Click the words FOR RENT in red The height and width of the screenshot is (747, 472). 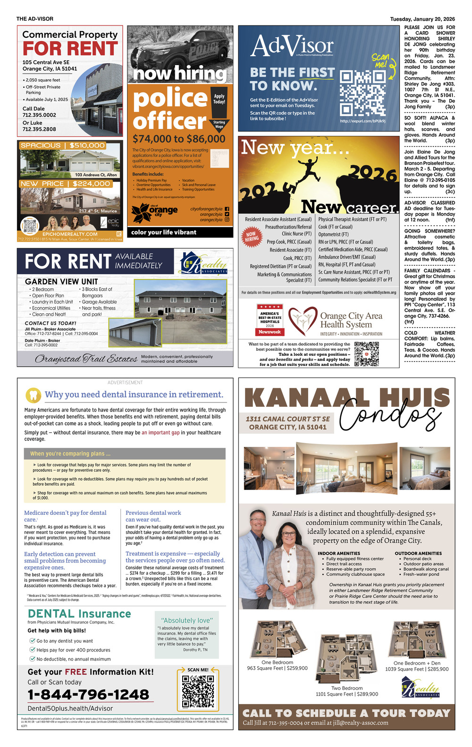[70, 49]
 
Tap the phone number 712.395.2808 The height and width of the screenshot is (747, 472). [39, 129]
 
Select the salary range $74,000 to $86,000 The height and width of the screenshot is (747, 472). [179, 139]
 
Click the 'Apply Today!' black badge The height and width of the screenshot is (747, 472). [219, 99]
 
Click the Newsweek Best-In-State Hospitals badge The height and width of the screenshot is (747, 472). [270, 319]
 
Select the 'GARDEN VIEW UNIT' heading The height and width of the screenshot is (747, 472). [61, 281]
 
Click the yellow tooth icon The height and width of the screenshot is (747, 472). [34, 394]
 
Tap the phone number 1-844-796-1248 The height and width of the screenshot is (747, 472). [88, 695]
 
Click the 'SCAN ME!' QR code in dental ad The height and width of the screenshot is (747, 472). [198, 692]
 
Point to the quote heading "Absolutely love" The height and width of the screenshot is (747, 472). [187, 620]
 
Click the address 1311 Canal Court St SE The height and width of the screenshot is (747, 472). [288, 419]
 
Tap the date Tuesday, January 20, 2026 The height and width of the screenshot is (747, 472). [422, 19]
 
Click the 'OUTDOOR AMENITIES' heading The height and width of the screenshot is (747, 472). [418, 553]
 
